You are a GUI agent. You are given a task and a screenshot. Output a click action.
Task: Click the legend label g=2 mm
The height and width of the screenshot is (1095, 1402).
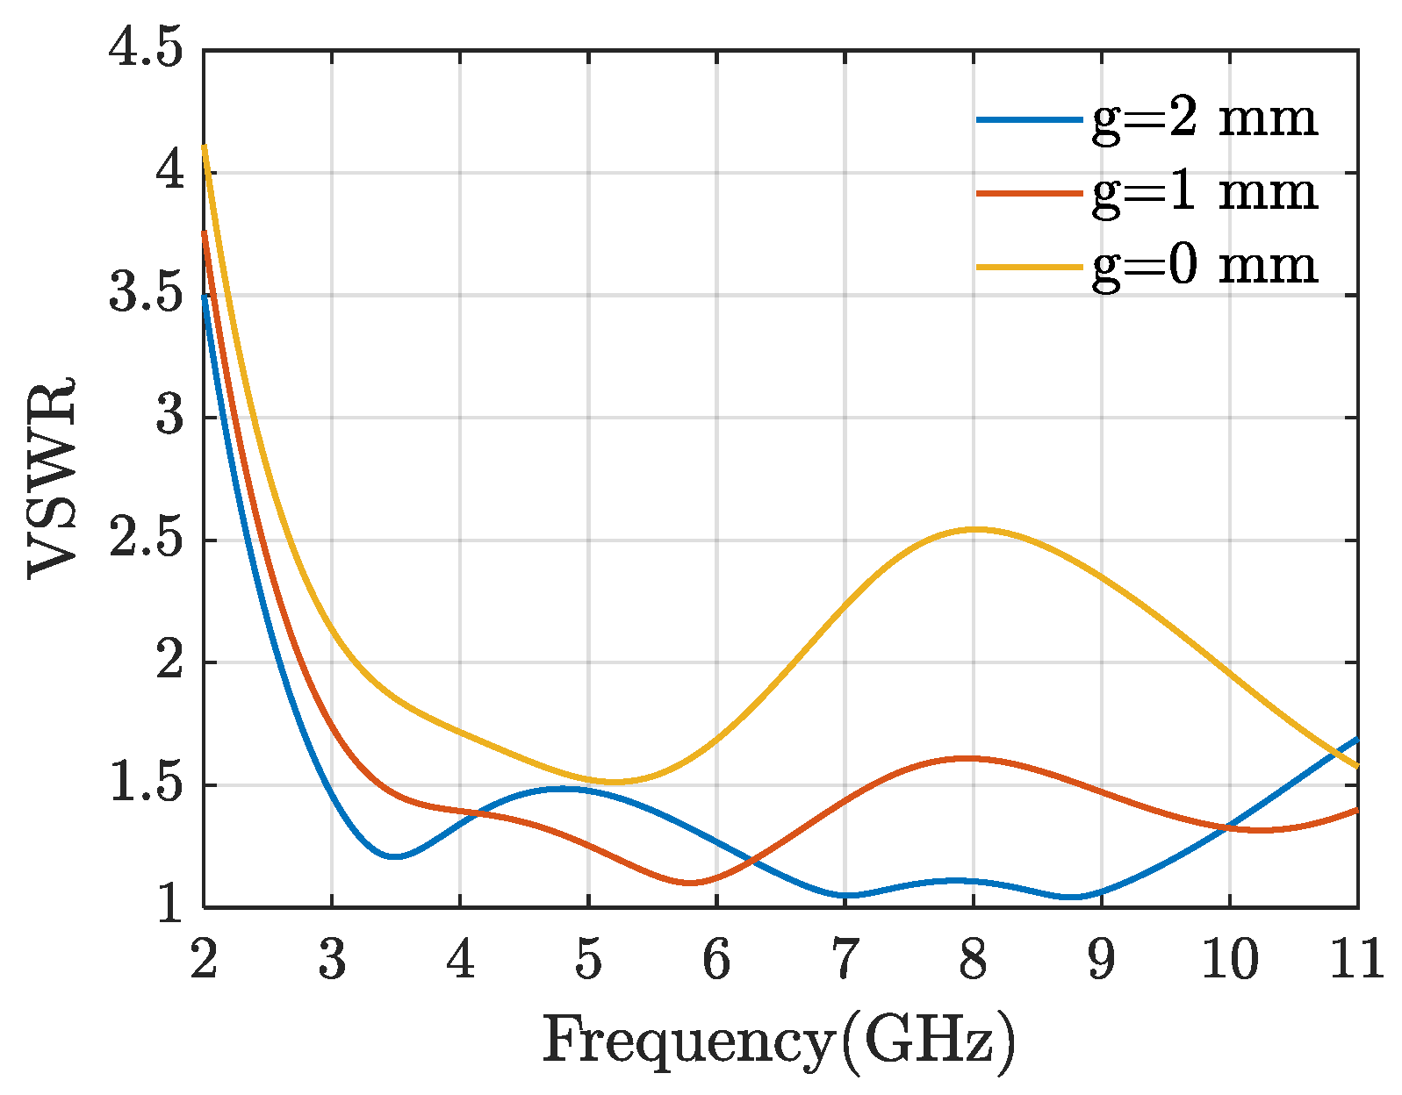pyautogui.click(x=1204, y=118)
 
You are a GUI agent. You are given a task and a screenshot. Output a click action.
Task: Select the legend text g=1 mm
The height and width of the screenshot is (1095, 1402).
pyautogui.click(x=1204, y=192)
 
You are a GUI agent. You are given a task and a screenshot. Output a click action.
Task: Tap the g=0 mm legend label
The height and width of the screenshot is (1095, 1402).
pyautogui.click(x=1204, y=266)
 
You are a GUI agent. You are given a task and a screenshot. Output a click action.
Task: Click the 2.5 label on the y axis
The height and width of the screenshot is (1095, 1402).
pyautogui.click(x=147, y=540)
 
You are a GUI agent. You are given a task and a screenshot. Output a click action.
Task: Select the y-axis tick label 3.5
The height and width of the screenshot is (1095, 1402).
pyautogui.click(x=147, y=295)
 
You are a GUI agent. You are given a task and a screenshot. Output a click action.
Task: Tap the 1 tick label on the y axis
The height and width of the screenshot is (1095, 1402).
pyautogui.click(x=170, y=906)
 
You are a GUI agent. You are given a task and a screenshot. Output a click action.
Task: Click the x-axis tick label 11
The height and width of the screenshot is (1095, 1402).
pyautogui.click(x=1356, y=959)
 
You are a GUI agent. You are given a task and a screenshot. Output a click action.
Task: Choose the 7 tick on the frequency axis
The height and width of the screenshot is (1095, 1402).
pyautogui.click(x=845, y=959)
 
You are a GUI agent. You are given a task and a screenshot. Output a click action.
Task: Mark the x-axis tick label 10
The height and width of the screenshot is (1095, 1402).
pyautogui.click(x=1229, y=959)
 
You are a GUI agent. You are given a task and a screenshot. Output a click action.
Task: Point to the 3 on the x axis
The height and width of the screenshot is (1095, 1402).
pyautogui.click(x=332, y=959)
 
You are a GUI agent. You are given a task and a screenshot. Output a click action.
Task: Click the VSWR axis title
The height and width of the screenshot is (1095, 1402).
pyautogui.click(x=53, y=478)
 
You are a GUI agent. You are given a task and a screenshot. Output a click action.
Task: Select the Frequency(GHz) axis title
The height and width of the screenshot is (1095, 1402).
pyautogui.click(x=780, y=1042)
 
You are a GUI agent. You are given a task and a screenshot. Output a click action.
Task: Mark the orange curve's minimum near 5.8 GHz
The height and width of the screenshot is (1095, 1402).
pyautogui.click(x=690, y=883)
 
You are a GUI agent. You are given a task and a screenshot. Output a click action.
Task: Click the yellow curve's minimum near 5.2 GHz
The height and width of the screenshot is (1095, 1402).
pyautogui.click(x=615, y=781)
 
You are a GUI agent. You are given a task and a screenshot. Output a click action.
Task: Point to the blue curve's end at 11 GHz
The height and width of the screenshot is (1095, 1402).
pyautogui.click(x=1356, y=740)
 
